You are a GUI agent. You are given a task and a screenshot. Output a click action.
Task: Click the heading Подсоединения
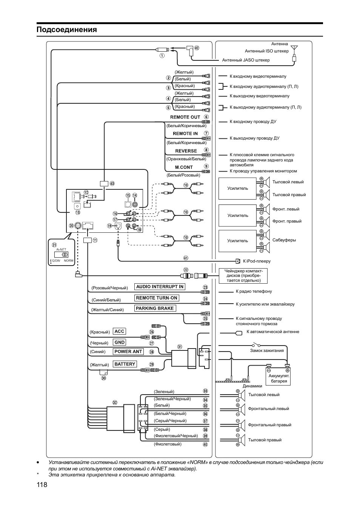coord(67,30)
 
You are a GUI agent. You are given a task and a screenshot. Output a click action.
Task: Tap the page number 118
coord(42,485)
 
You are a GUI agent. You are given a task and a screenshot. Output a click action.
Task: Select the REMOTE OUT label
coord(185,117)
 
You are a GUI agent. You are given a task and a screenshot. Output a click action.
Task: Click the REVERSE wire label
coord(186,151)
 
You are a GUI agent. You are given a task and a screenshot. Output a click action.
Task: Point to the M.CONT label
coord(184,167)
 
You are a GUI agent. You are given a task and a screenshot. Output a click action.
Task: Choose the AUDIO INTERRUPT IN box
coord(160,287)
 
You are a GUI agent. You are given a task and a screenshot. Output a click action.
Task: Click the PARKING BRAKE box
coord(155,308)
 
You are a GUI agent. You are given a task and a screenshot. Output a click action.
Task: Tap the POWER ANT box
coord(128,352)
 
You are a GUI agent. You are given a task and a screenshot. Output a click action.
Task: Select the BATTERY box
coord(125,364)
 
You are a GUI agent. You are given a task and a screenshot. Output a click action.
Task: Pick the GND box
coord(120,342)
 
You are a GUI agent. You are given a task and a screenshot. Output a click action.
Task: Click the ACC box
coord(119,331)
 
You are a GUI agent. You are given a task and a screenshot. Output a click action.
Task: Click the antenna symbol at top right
coord(294,49)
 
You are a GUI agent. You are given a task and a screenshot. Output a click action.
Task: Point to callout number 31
coord(180,347)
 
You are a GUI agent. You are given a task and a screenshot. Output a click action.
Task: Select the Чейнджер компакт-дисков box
coord(243,276)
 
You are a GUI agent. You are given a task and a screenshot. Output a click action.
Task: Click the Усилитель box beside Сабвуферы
coord(238,241)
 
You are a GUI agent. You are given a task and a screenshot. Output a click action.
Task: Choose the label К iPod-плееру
coord(256,261)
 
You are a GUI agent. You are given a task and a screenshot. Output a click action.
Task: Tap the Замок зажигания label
coord(267,350)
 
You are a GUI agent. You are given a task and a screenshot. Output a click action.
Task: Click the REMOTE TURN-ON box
coord(157,298)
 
